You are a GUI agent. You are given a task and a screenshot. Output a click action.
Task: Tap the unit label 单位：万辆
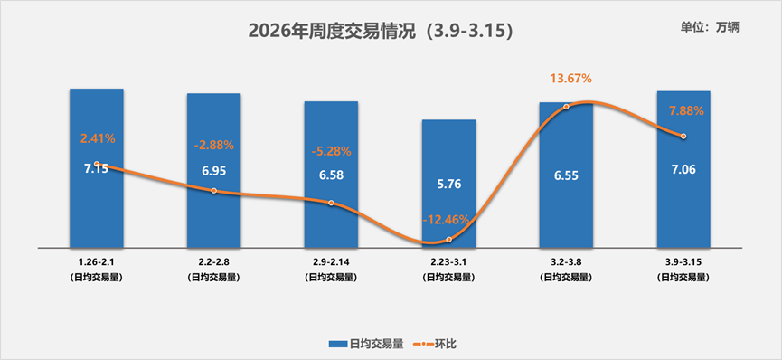710,26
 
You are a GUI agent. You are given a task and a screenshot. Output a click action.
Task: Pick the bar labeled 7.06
683,199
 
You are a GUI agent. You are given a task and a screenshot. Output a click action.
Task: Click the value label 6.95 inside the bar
213,170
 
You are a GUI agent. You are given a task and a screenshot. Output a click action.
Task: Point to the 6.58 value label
331,175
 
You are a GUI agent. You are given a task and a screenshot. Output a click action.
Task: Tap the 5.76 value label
448,184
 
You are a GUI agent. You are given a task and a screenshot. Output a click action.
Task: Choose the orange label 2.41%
98,138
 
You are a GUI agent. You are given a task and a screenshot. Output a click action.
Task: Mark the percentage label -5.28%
331,150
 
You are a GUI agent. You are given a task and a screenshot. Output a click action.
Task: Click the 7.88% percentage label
685,111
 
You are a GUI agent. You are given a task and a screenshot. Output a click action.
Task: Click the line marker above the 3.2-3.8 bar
566,107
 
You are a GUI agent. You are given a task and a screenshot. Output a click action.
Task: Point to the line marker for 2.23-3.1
448,239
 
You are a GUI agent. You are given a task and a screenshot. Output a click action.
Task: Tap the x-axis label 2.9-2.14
331,261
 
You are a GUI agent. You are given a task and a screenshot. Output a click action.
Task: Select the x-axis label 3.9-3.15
683,261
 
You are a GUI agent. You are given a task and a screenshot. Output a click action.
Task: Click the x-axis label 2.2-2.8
213,261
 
